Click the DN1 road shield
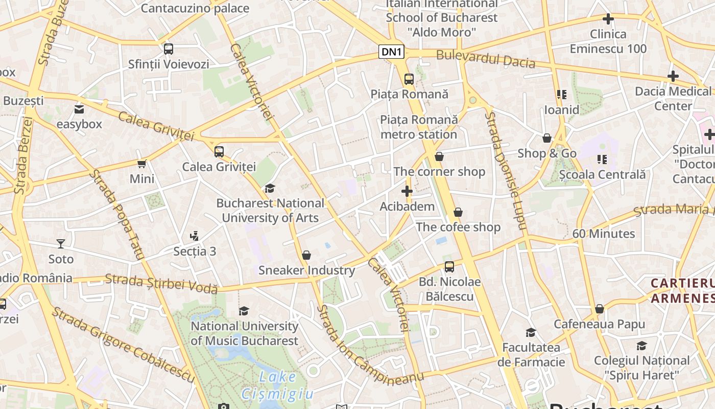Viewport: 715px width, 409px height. tap(392, 52)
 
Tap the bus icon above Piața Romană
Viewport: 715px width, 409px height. tap(409, 79)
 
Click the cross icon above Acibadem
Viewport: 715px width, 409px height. tap(407, 192)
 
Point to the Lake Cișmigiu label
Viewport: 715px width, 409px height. tap(277, 385)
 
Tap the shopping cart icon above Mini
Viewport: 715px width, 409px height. tap(142, 164)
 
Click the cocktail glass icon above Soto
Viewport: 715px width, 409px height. tap(61, 244)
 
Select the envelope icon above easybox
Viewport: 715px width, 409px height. tap(79, 109)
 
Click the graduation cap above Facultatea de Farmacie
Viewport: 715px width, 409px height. tap(531, 333)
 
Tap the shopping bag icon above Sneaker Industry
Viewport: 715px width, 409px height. tap(306, 255)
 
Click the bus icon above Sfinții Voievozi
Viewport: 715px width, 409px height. tap(169, 49)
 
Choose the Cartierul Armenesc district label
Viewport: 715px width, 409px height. tap(682, 290)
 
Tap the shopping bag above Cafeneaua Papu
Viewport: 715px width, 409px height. tap(600, 309)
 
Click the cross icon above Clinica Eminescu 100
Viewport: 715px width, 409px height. tap(608, 19)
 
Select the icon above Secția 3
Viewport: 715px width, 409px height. tap(194, 236)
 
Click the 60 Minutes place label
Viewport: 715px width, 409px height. tap(603, 234)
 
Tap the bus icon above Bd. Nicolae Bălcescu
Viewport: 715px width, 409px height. tap(449, 267)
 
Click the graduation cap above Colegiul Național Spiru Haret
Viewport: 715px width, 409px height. tap(641, 346)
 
